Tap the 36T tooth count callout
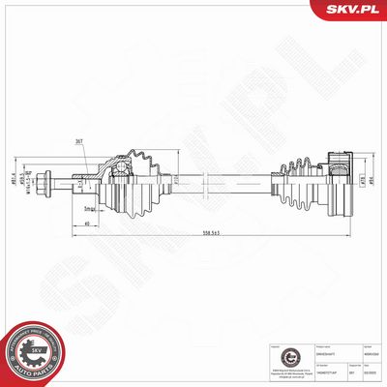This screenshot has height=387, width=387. [78, 141]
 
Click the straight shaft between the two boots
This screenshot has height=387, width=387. [232, 179]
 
